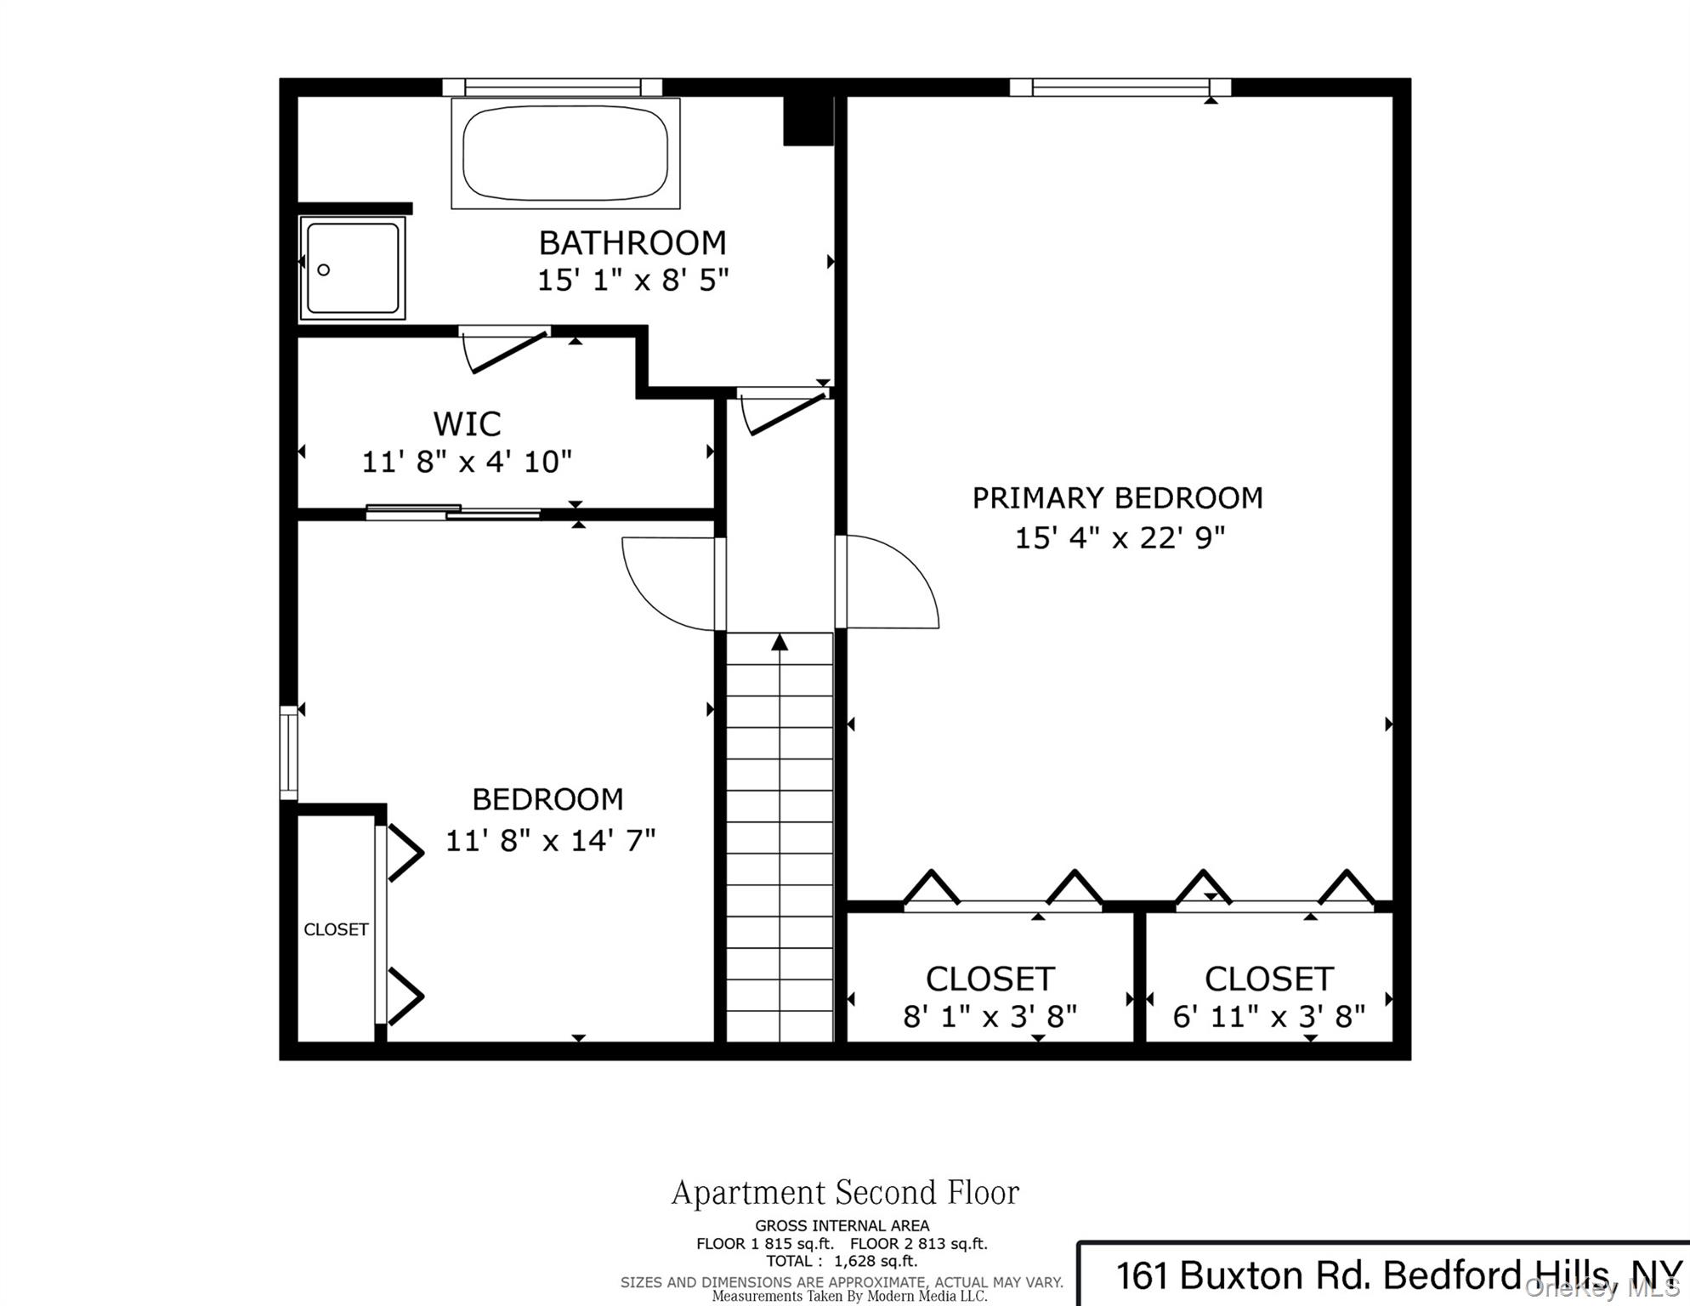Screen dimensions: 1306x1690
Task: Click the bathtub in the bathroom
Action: click(565, 153)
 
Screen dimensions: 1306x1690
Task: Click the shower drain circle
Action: click(324, 270)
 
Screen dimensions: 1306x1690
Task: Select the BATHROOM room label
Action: click(632, 243)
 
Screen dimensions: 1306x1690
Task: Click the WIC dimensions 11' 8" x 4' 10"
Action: click(467, 462)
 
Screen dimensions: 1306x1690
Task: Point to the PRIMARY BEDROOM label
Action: click(1117, 497)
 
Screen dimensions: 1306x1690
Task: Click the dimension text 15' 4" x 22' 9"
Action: click(1120, 537)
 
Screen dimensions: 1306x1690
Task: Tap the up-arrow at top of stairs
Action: click(780, 642)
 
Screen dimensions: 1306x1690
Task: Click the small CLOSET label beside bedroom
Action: click(336, 929)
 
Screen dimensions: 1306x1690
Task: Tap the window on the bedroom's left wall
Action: click(289, 752)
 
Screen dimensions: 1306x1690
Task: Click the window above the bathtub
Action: click(552, 87)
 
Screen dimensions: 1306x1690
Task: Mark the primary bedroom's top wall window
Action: click(1120, 87)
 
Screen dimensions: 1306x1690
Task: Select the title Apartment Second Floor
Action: click(845, 1193)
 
